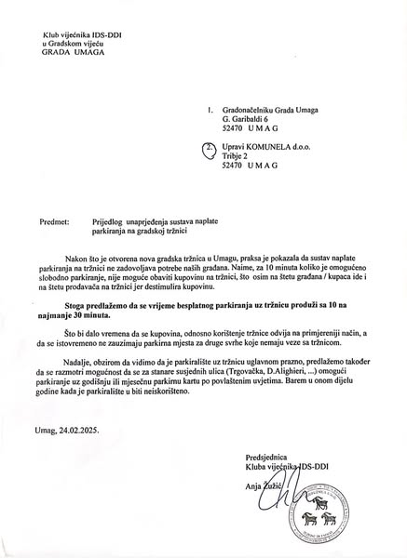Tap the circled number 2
pyautogui.click(x=210, y=148)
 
